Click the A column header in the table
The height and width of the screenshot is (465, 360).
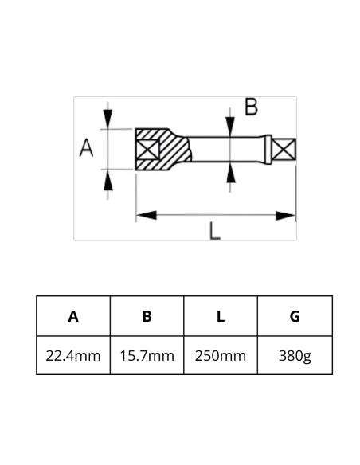73,316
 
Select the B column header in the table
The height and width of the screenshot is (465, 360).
147,316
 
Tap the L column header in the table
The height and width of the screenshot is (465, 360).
221,316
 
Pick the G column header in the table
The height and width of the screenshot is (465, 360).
295,316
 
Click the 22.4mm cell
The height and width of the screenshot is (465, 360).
73,355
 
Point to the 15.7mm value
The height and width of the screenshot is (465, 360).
147,355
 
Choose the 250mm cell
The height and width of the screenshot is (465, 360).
221,355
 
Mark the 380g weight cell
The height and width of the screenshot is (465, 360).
295,355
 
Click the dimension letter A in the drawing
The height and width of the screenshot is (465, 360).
87,147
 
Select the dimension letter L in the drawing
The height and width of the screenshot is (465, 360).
215,231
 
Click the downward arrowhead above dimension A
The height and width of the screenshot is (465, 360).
108,120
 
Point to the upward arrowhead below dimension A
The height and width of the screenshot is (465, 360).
108,178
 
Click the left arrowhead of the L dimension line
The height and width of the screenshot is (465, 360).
144,215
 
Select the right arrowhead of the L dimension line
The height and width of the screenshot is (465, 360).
288,215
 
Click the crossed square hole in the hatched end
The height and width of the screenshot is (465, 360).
148,149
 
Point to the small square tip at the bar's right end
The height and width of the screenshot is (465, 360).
285,149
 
